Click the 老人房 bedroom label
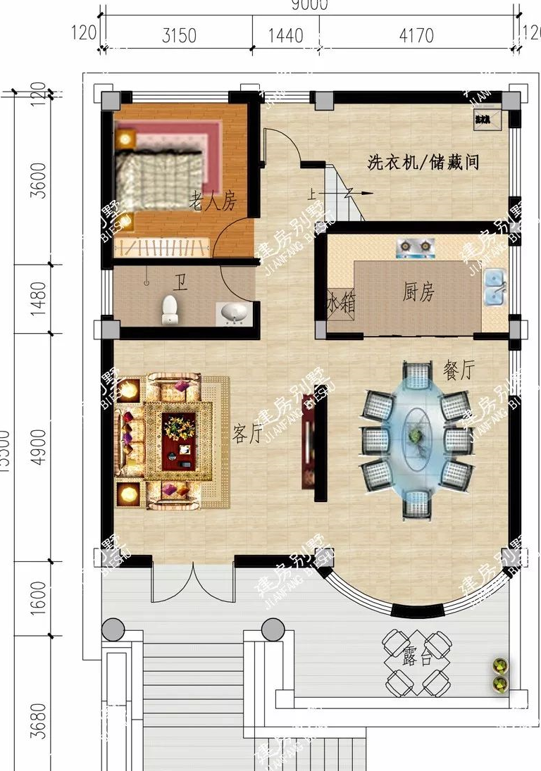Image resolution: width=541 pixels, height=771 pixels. pyautogui.click(x=212, y=203)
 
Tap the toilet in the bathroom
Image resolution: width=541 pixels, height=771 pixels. pyautogui.click(x=170, y=310)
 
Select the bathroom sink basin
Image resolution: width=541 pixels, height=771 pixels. pyautogui.click(x=234, y=313)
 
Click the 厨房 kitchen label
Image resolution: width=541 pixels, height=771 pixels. pyautogui.click(x=418, y=293)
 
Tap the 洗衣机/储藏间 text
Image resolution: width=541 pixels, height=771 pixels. pyautogui.click(x=423, y=163)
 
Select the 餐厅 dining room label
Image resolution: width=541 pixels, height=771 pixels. pyautogui.click(x=458, y=370)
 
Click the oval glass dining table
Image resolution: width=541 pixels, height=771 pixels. pyautogui.click(x=416, y=437)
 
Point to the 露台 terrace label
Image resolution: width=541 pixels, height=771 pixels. pyautogui.click(x=417, y=659)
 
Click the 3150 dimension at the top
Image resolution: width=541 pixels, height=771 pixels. pyautogui.click(x=179, y=35)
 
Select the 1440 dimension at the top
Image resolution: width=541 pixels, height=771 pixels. pyautogui.click(x=285, y=35)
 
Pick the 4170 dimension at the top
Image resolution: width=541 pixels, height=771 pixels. pyautogui.click(x=416, y=35)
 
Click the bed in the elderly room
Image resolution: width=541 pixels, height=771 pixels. pyautogui.click(x=158, y=173)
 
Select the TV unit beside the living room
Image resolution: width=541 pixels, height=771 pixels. pyautogui.click(x=309, y=441)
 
